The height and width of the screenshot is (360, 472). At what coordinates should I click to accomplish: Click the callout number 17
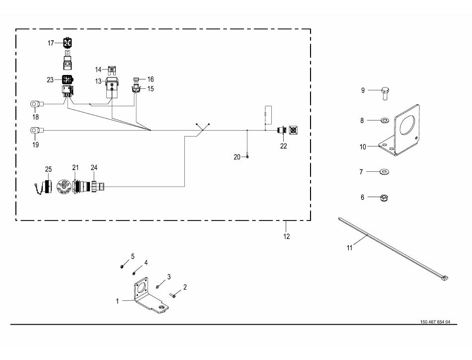point(51,43)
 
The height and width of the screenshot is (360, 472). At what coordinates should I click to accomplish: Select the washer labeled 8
point(385,120)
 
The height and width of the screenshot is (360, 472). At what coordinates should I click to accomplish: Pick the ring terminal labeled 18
point(35,104)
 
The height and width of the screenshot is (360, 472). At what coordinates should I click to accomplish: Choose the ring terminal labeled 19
point(35,130)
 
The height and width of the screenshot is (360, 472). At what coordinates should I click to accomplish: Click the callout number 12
point(286,235)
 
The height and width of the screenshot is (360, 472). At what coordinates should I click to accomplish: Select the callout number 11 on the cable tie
point(349,247)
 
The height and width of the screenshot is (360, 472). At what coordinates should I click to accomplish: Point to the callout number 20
point(237,156)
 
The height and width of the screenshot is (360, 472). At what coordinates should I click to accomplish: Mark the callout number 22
point(283,145)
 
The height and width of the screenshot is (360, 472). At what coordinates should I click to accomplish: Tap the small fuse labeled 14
point(112,69)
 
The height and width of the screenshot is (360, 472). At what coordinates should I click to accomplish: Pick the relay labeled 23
point(68,79)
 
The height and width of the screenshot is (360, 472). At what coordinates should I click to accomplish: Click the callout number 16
point(151,79)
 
